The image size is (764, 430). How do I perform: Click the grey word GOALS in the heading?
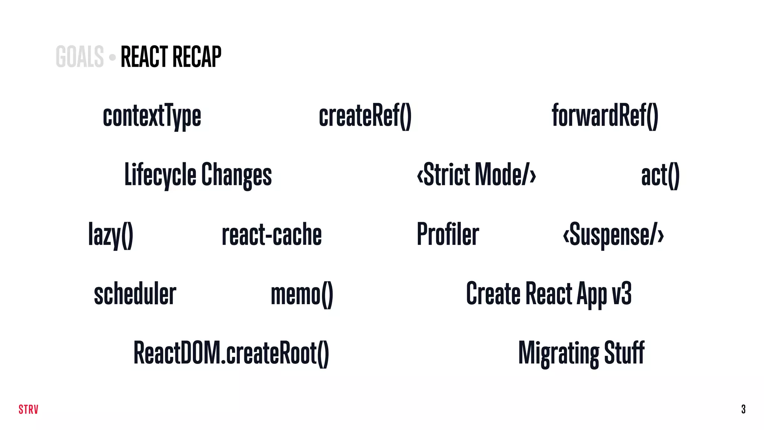pyautogui.click(x=79, y=57)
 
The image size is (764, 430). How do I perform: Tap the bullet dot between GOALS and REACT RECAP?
pyautogui.click(x=112, y=57)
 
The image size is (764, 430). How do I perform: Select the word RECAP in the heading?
pyautogui.click(x=197, y=57)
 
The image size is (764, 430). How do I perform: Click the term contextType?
pyautogui.click(x=152, y=116)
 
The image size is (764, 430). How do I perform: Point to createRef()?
pyautogui.click(x=365, y=116)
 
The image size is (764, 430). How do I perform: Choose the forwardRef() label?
pyautogui.click(x=605, y=116)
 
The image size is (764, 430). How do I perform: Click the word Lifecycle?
pyautogui.click(x=160, y=175)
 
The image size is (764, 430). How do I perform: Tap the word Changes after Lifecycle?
pyautogui.click(x=237, y=175)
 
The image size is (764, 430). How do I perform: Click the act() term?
pyautogui.click(x=660, y=175)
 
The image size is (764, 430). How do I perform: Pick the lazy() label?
pyautogui.click(x=110, y=234)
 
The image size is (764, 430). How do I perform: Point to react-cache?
pyautogui.click(x=272, y=234)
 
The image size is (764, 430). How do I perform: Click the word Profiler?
pyautogui.click(x=448, y=234)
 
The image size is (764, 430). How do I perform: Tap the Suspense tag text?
pyautogui.click(x=613, y=234)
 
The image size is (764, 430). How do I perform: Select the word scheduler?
pyautogui.click(x=135, y=294)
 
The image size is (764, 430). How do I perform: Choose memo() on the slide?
pyautogui.click(x=302, y=294)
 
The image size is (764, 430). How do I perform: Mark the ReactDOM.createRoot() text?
pyautogui.click(x=231, y=353)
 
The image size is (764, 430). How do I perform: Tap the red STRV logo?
pyautogui.click(x=28, y=409)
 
